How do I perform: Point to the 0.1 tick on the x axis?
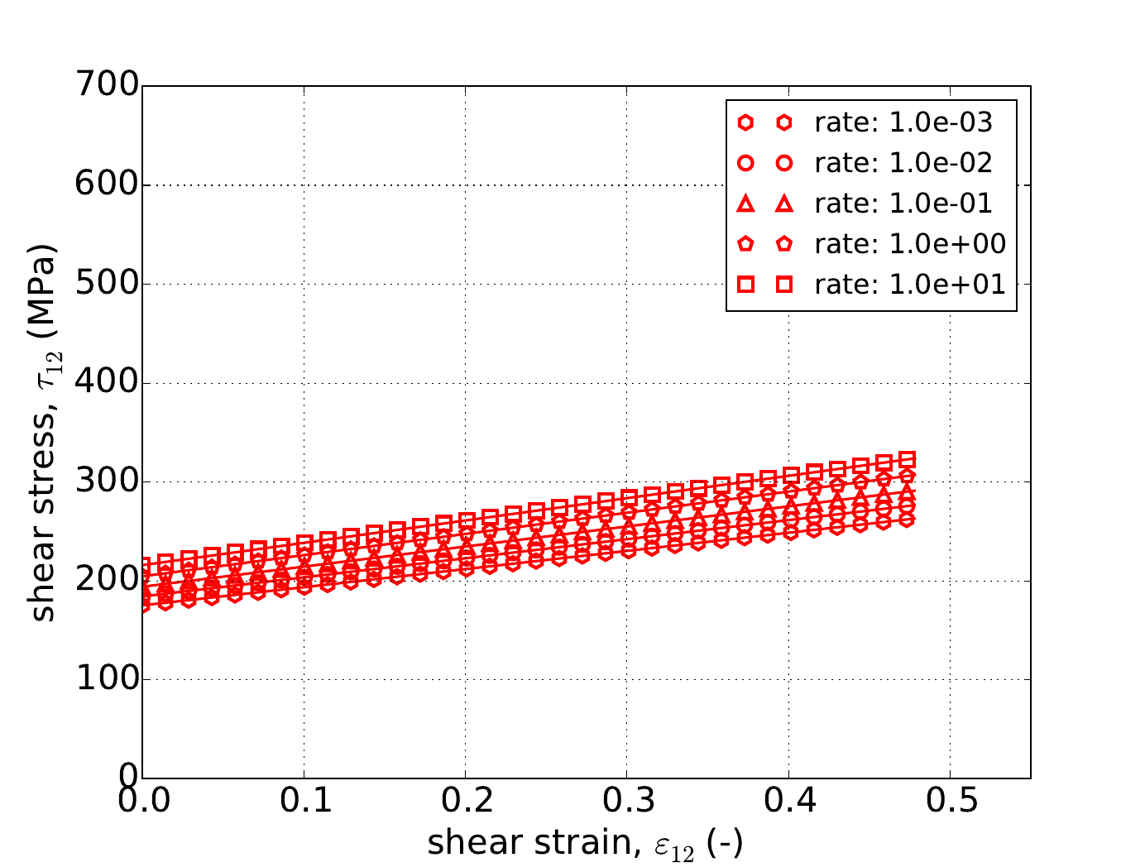click(x=304, y=801)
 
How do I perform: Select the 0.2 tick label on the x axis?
click(x=465, y=801)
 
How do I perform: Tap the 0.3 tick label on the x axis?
click(x=626, y=801)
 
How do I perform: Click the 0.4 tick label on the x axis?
click(x=788, y=801)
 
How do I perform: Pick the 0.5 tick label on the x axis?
click(x=950, y=801)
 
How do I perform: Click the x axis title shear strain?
click(x=585, y=843)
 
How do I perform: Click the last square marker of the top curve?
click(x=907, y=459)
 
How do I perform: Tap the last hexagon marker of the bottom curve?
click(x=907, y=520)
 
